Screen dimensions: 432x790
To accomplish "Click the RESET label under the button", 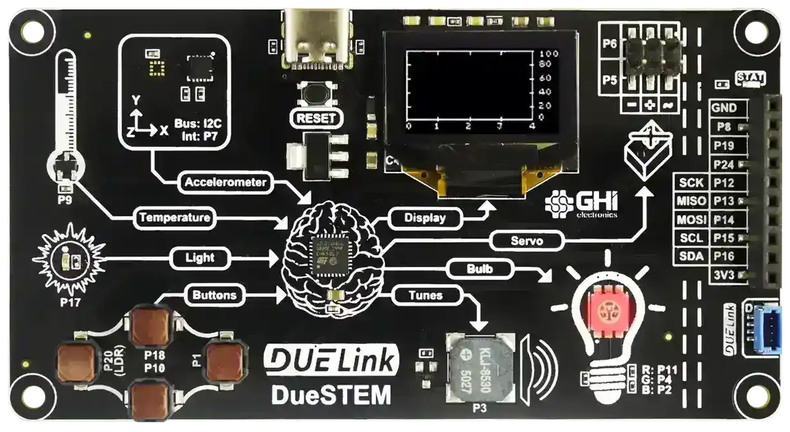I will pos(316,118).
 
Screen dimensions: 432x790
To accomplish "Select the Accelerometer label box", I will pos(225,182).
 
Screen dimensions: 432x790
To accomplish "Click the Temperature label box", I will pos(174,218).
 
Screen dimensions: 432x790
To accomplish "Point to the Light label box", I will pos(200,257).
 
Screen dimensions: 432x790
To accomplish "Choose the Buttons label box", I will pos(214,295).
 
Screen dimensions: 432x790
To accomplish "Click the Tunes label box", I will pos(425,295).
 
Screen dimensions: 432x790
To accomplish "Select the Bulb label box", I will pos(480,268).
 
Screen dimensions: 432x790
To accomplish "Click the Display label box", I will pos(425,218).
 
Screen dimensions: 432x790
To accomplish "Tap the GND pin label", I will pos(724,108).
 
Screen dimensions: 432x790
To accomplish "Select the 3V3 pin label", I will pos(724,276).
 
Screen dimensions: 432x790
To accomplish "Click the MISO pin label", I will pos(691,201).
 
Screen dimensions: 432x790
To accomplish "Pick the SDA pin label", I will pos(691,257).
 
